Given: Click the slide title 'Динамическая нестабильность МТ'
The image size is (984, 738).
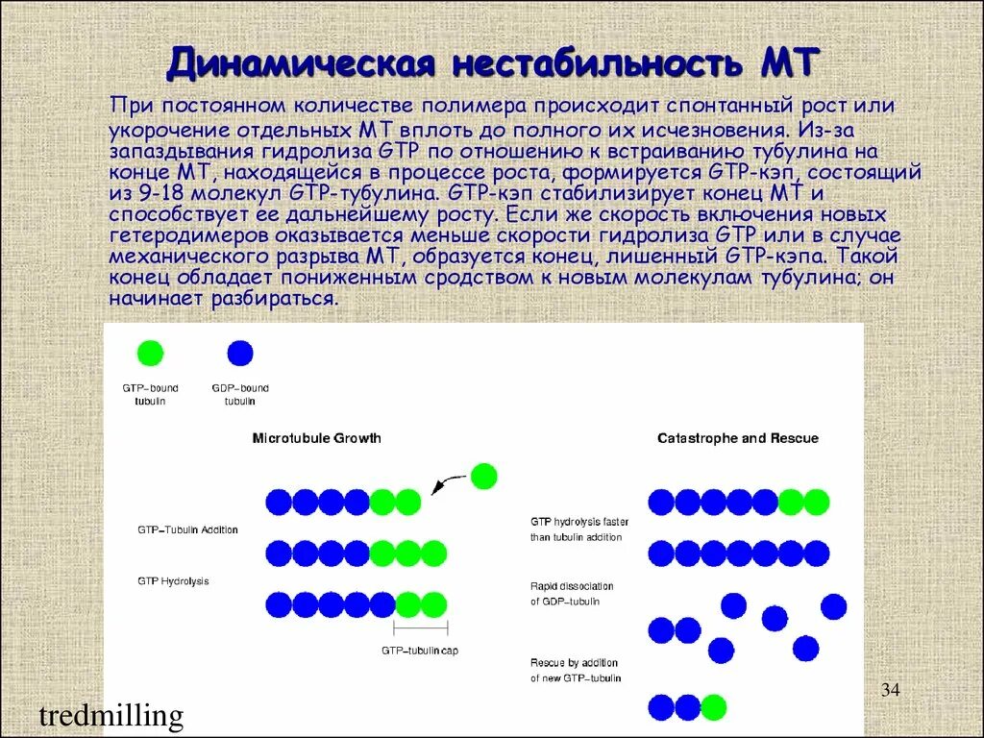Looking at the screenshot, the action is tap(492, 63).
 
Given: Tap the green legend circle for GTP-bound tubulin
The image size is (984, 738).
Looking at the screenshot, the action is tap(150, 353).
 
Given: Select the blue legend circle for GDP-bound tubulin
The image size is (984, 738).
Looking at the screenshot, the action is tap(240, 353).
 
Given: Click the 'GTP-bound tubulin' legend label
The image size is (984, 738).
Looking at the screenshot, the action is tap(150, 394).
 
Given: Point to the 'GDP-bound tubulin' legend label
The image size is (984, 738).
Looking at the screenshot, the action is tap(240, 394).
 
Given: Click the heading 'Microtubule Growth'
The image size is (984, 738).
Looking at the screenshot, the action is tap(316, 438).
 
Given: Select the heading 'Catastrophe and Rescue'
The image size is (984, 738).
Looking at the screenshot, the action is tap(737, 438).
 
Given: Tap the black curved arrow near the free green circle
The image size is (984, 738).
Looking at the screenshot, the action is tap(445, 483).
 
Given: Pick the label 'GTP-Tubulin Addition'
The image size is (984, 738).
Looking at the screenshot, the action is tap(187, 529).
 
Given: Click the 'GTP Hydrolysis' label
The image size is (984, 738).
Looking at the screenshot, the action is tap(173, 581).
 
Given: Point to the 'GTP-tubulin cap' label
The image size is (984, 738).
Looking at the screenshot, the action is tap(420, 651).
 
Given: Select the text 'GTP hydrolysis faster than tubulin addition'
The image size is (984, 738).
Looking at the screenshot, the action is tap(578, 529).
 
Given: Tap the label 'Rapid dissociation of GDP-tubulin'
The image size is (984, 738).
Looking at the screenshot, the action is tap(572, 594).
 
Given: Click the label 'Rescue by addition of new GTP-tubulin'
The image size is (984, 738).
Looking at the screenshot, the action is tap(575, 671).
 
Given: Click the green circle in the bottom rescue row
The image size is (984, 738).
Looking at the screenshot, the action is tap(713, 707).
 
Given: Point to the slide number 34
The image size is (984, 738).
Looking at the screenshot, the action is tap(890, 690).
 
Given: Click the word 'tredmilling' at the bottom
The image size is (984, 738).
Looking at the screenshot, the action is tap(111, 716).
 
